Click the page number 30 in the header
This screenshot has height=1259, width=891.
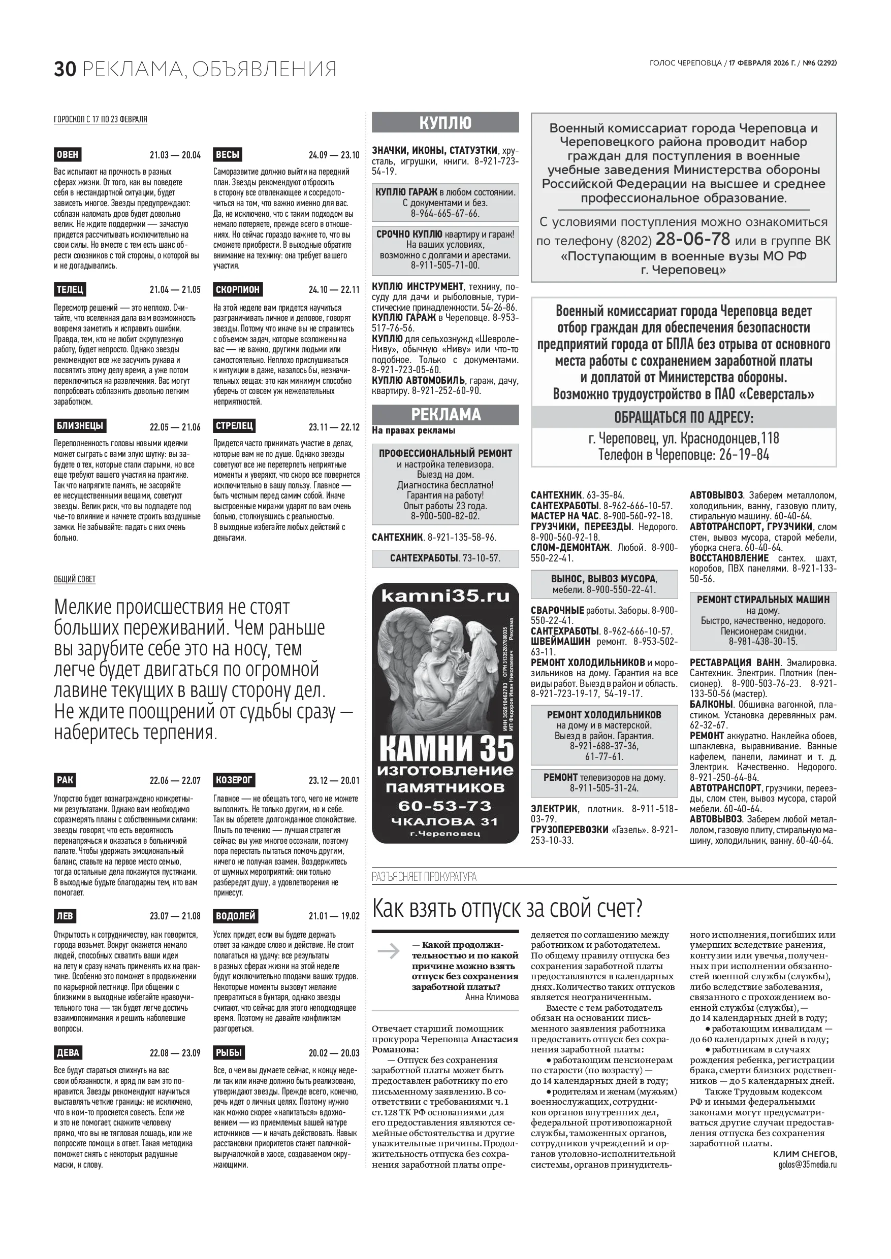point(64,69)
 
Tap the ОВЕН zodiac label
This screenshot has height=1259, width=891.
point(68,154)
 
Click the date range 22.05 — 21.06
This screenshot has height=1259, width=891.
point(175,427)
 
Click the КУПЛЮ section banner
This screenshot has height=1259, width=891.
point(445,122)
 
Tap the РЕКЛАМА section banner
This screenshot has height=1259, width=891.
point(445,415)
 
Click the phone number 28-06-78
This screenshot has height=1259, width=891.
point(692,239)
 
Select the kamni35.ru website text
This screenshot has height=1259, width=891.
point(445,596)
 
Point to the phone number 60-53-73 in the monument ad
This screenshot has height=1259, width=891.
point(445,806)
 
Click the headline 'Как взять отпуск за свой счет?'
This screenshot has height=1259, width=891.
point(507,909)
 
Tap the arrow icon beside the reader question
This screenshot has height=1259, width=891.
point(389,950)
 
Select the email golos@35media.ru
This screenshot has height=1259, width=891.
point(807,1164)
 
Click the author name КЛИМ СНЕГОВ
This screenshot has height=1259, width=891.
point(805,1154)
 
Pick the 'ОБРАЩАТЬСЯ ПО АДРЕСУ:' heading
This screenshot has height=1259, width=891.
point(684,417)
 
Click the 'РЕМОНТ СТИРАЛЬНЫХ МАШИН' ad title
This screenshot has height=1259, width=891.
point(762,600)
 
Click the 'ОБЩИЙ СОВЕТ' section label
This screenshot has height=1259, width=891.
point(75,579)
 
